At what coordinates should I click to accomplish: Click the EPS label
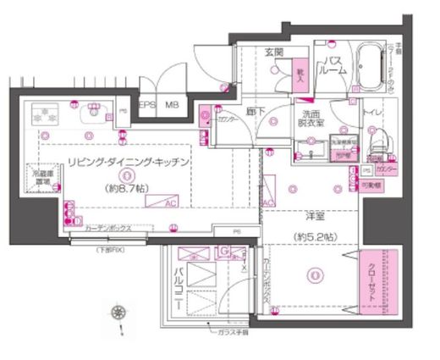(x=147, y=105)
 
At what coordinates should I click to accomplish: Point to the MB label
(x=171, y=105)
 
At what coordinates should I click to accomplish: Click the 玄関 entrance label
(x=274, y=53)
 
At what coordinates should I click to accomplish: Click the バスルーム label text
(x=333, y=67)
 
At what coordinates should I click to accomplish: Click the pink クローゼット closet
(x=374, y=283)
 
